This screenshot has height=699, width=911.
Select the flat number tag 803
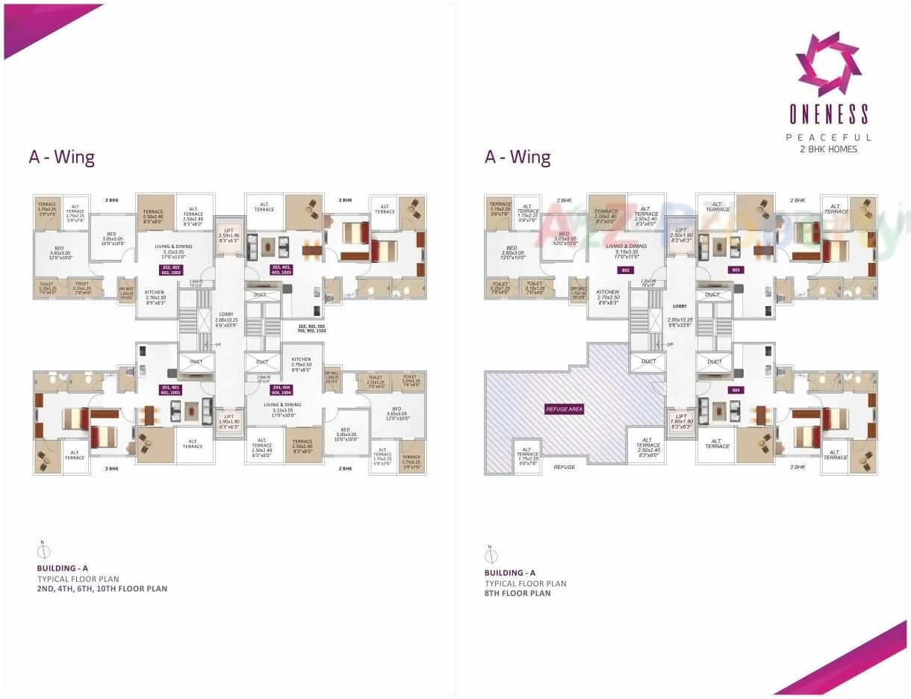click(x=736, y=270)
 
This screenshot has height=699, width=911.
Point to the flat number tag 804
click(x=736, y=390)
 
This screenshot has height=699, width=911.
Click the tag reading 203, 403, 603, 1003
click(x=281, y=270)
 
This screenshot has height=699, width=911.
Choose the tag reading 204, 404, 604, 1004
click(x=281, y=390)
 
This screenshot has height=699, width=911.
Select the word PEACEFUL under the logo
click(x=829, y=137)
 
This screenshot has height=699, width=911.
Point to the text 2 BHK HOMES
click(x=829, y=149)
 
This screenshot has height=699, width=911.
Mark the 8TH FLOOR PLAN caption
click(x=517, y=594)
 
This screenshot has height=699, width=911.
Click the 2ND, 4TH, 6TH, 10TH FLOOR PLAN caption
click(x=102, y=588)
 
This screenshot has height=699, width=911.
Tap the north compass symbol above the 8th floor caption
click(x=491, y=555)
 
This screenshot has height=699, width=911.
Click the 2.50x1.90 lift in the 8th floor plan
click(x=680, y=236)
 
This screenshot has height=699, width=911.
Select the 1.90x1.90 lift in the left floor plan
click(x=230, y=423)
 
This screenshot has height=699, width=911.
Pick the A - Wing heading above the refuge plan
click(x=517, y=158)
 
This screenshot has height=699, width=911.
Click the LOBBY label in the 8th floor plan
click(x=680, y=306)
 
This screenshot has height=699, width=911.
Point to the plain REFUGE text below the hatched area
click(x=565, y=467)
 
